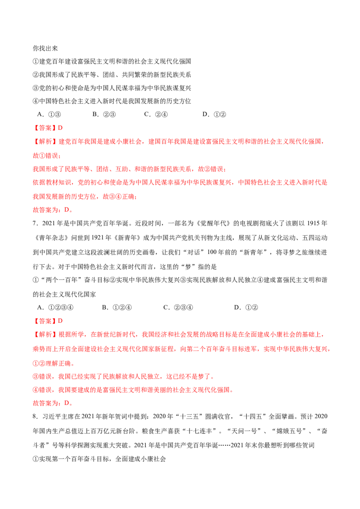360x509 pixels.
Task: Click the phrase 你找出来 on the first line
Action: (45, 49)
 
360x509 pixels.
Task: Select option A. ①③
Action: (49, 114)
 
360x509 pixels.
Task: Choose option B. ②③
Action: (104, 114)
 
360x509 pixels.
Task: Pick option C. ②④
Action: (156, 114)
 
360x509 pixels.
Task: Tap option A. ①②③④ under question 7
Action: (55, 308)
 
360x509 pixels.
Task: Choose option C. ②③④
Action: (178, 308)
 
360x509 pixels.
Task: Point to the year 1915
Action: (313, 223)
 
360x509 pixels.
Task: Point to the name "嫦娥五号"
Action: (290, 431)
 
